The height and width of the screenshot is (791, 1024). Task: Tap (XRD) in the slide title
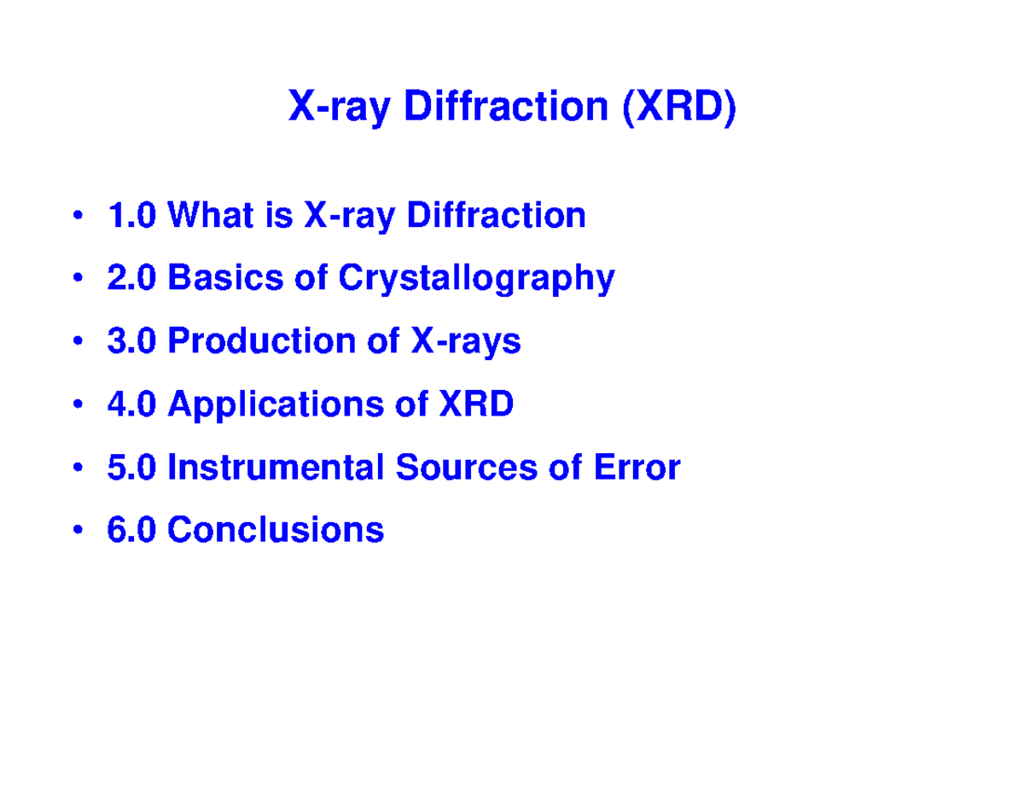click(x=678, y=108)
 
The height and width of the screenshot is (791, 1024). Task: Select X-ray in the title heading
click(x=340, y=109)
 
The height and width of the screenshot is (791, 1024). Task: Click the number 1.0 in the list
click(x=131, y=215)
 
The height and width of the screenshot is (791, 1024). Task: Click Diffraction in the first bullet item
click(x=496, y=215)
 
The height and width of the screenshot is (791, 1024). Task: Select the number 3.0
click(x=131, y=341)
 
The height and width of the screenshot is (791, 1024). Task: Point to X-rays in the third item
click(x=466, y=342)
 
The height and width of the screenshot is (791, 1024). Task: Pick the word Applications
click(x=276, y=405)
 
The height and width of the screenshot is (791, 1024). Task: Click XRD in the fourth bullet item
click(x=475, y=404)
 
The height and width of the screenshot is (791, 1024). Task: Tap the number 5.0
click(x=131, y=468)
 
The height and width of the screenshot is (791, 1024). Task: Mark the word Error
click(x=638, y=468)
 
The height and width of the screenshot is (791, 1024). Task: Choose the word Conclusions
click(x=276, y=530)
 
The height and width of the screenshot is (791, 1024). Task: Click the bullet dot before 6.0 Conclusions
click(x=79, y=531)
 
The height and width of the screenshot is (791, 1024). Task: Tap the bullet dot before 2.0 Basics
click(x=79, y=279)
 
